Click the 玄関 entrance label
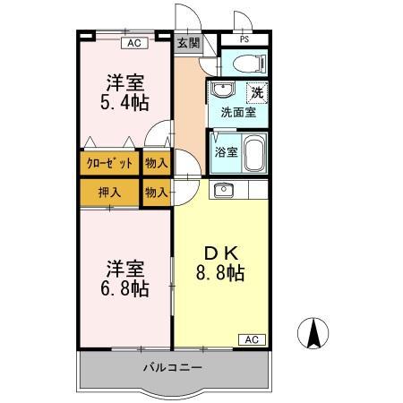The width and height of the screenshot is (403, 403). (187, 42)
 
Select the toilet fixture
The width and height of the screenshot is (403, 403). (250, 64)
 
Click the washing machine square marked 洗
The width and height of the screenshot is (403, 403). (257, 91)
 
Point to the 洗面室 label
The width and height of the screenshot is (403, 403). (237, 113)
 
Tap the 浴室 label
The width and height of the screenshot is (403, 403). (227, 151)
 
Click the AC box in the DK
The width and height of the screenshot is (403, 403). (252, 339)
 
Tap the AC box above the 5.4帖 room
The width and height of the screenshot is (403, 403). (133, 42)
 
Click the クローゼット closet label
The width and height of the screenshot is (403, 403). (110, 163)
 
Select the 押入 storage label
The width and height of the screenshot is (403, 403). (110, 192)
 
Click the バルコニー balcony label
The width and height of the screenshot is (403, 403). (173, 368)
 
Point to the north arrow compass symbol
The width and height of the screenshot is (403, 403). (314, 335)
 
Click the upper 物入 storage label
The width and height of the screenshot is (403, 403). (156, 163)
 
